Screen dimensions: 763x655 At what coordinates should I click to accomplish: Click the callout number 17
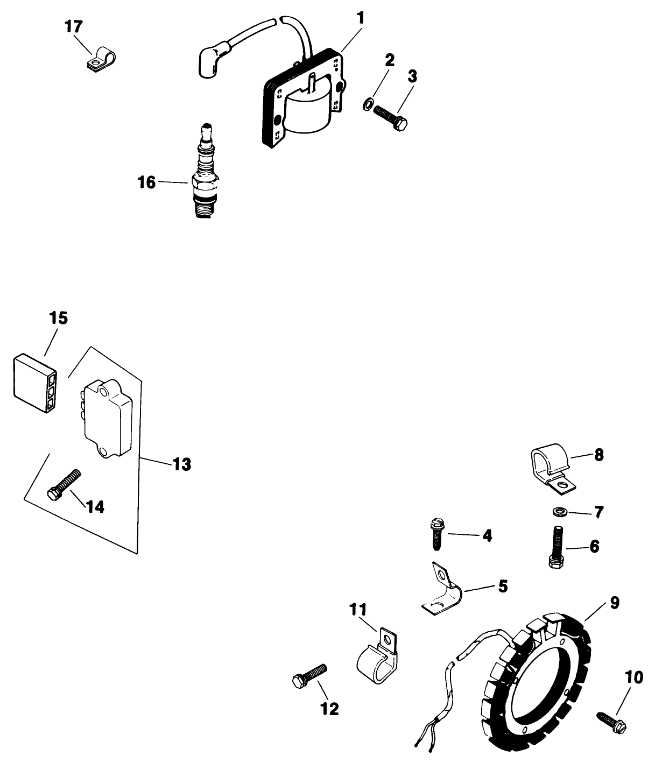point(75,26)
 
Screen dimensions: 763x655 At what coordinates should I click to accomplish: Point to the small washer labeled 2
point(367,103)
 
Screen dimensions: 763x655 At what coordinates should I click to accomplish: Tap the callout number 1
point(361,18)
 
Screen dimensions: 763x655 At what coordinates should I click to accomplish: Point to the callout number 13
point(182,464)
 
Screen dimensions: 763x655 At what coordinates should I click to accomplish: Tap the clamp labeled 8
point(550,469)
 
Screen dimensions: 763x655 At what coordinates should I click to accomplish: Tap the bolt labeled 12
point(309,674)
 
